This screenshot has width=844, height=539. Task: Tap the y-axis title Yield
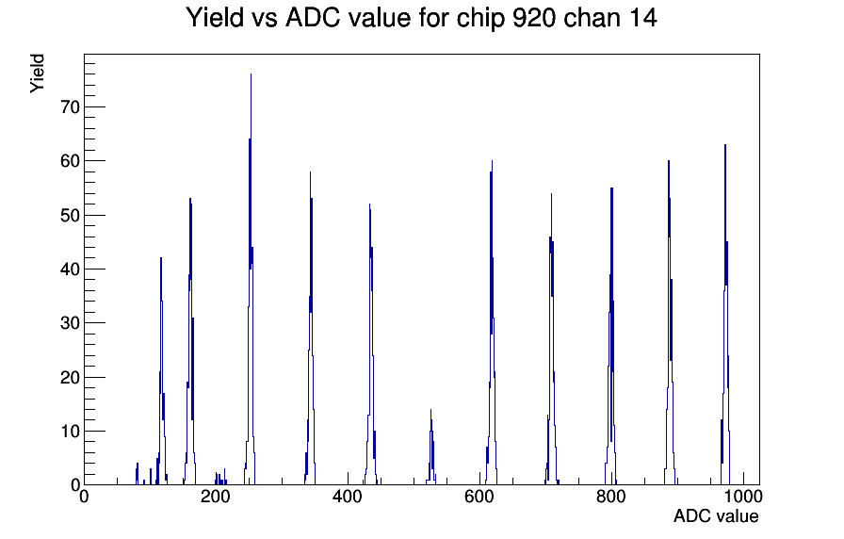(x=37, y=73)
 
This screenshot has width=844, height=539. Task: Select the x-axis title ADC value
(x=716, y=515)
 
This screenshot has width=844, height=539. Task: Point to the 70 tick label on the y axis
(x=70, y=107)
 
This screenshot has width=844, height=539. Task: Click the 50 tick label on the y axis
(x=70, y=216)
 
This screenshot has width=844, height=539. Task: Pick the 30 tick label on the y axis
(x=70, y=323)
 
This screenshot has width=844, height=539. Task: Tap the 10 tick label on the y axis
(x=70, y=432)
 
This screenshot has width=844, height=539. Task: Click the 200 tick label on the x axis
(x=216, y=497)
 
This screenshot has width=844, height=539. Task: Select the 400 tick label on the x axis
(x=348, y=497)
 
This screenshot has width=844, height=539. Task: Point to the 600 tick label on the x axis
(x=479, y=497)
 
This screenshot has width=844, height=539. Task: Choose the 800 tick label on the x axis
(x=611, y=497)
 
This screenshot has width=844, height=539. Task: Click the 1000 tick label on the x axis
(x=743, y=497)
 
